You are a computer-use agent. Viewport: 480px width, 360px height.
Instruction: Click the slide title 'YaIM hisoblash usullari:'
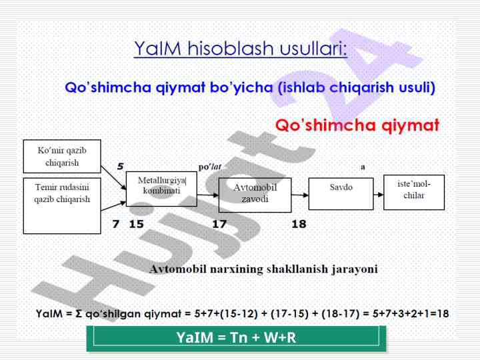point(241,49)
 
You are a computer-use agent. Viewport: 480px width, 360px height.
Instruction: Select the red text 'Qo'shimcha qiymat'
point(357,125)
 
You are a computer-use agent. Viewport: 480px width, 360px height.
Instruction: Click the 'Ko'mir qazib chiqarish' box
point(62,157)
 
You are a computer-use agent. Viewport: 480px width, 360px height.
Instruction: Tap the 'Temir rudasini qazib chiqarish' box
point(62,206)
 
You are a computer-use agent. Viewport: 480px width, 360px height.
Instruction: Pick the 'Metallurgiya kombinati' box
point(161,189)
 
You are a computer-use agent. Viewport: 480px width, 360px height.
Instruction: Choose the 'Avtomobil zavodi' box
point(255,195)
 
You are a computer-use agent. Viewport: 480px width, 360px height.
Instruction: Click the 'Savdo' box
point(341,194)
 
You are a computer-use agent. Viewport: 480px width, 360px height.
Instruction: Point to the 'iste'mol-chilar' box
point(414,192)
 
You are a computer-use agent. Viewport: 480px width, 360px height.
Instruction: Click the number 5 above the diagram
point(120,166)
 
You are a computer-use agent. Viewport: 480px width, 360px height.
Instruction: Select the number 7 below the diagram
point(116,224)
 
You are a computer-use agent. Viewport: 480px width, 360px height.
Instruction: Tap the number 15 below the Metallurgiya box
point(137,224)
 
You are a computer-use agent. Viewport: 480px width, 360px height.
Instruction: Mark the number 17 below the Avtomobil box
point(219,224)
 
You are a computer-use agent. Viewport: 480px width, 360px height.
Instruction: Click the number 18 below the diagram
point(299,224)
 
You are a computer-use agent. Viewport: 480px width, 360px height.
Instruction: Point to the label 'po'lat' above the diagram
point(210,167)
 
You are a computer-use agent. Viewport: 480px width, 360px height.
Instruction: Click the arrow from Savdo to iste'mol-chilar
point(379,195)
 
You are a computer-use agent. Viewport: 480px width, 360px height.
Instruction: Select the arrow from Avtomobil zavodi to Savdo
point(300,195)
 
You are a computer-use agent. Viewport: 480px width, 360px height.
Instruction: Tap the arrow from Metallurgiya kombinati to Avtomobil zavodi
point(208,195)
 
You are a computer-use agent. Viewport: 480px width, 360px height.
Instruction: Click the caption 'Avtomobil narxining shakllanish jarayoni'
point(263,269)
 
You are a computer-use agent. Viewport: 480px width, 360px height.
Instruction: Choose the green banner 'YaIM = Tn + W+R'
point(236,337)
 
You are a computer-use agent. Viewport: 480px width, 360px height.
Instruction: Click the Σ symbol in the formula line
point(79,314)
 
